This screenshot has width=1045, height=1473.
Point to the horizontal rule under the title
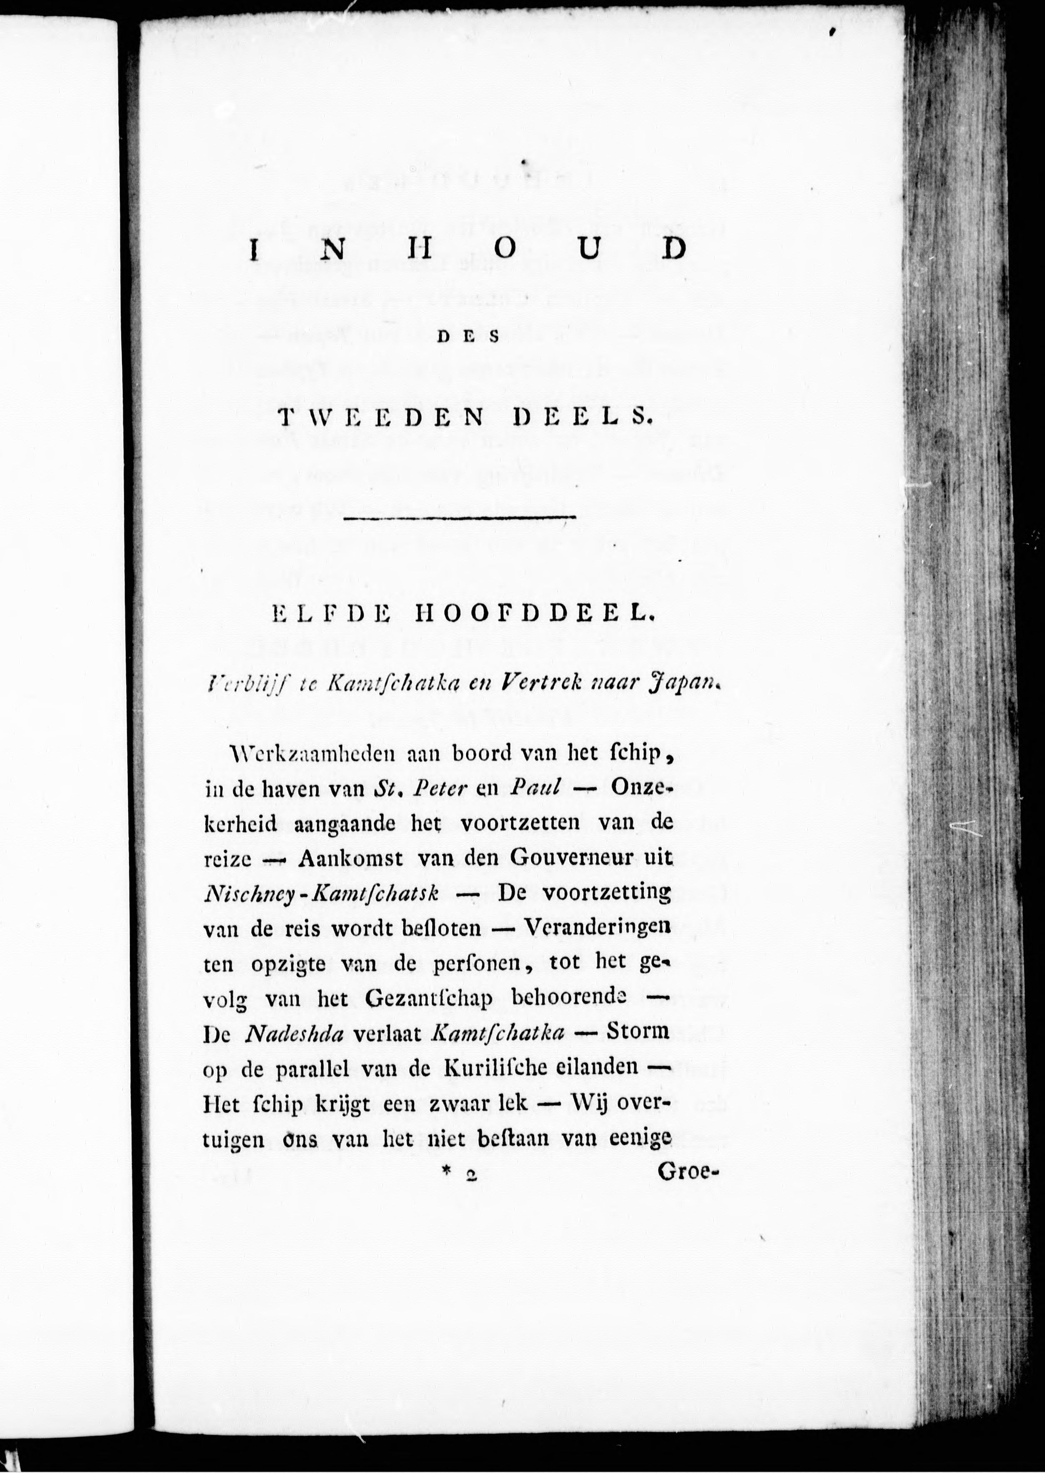tap(460, 517)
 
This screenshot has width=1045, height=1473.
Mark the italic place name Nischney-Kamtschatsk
tap(321, 894)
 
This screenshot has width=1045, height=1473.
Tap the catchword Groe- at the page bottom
tap(687, 1173)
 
